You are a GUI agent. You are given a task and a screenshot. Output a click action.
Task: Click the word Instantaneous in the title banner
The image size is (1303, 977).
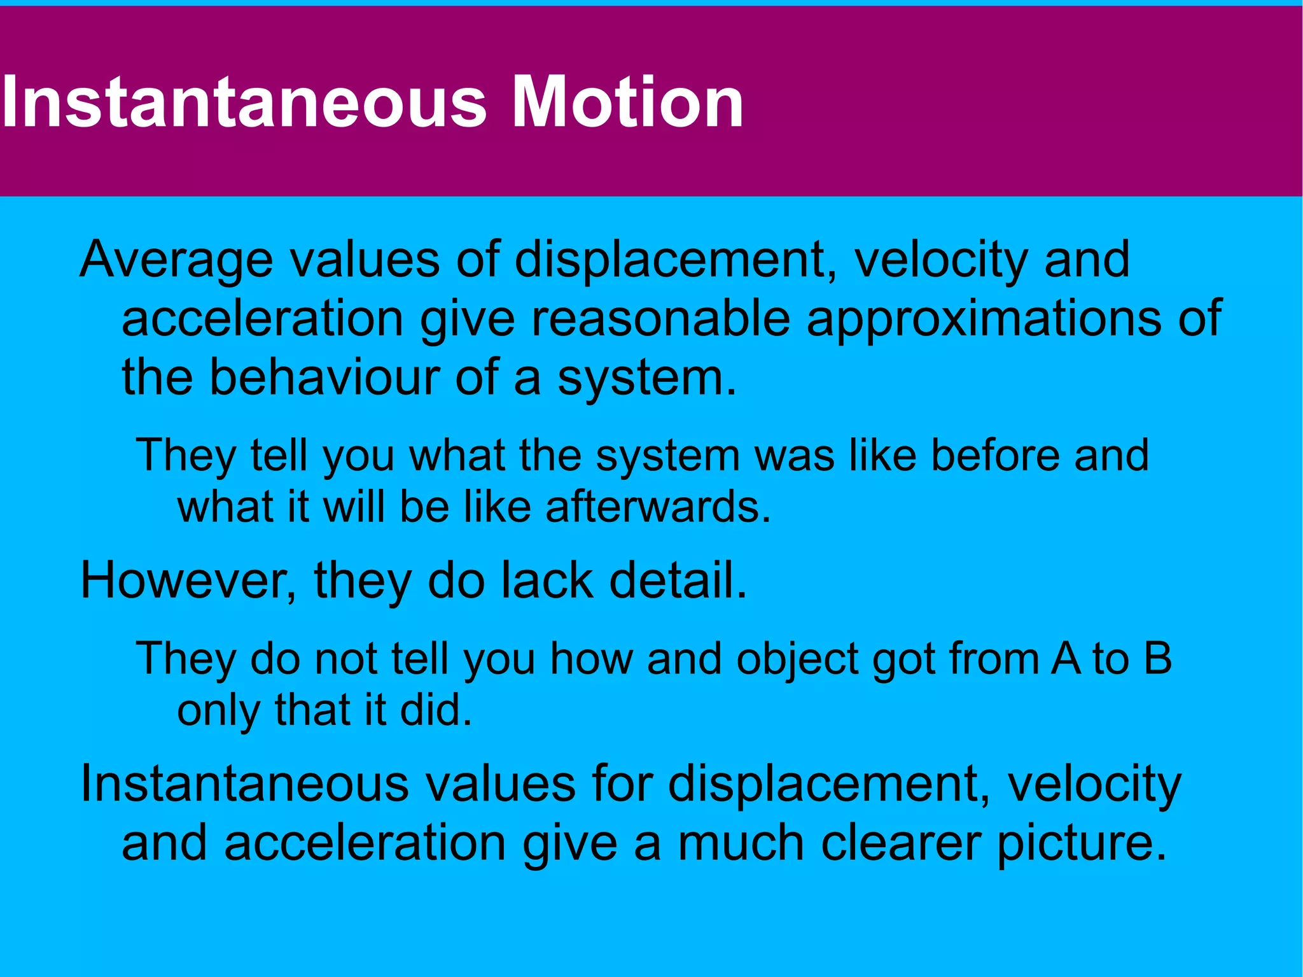point(244,102)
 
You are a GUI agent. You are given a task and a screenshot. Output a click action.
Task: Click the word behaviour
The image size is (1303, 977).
point(324,376)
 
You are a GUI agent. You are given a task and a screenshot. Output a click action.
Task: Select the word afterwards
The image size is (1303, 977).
point(657,507)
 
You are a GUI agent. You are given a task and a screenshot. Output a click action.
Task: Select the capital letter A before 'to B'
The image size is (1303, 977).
point(1066,658)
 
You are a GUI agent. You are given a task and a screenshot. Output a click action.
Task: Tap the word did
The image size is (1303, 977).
point(435,710)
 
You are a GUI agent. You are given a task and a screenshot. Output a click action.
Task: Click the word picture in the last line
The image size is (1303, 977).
point(1081,844)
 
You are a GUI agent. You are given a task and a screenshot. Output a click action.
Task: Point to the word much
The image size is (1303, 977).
point(741,843)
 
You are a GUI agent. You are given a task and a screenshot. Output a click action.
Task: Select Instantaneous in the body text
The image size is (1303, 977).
point(244,784)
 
